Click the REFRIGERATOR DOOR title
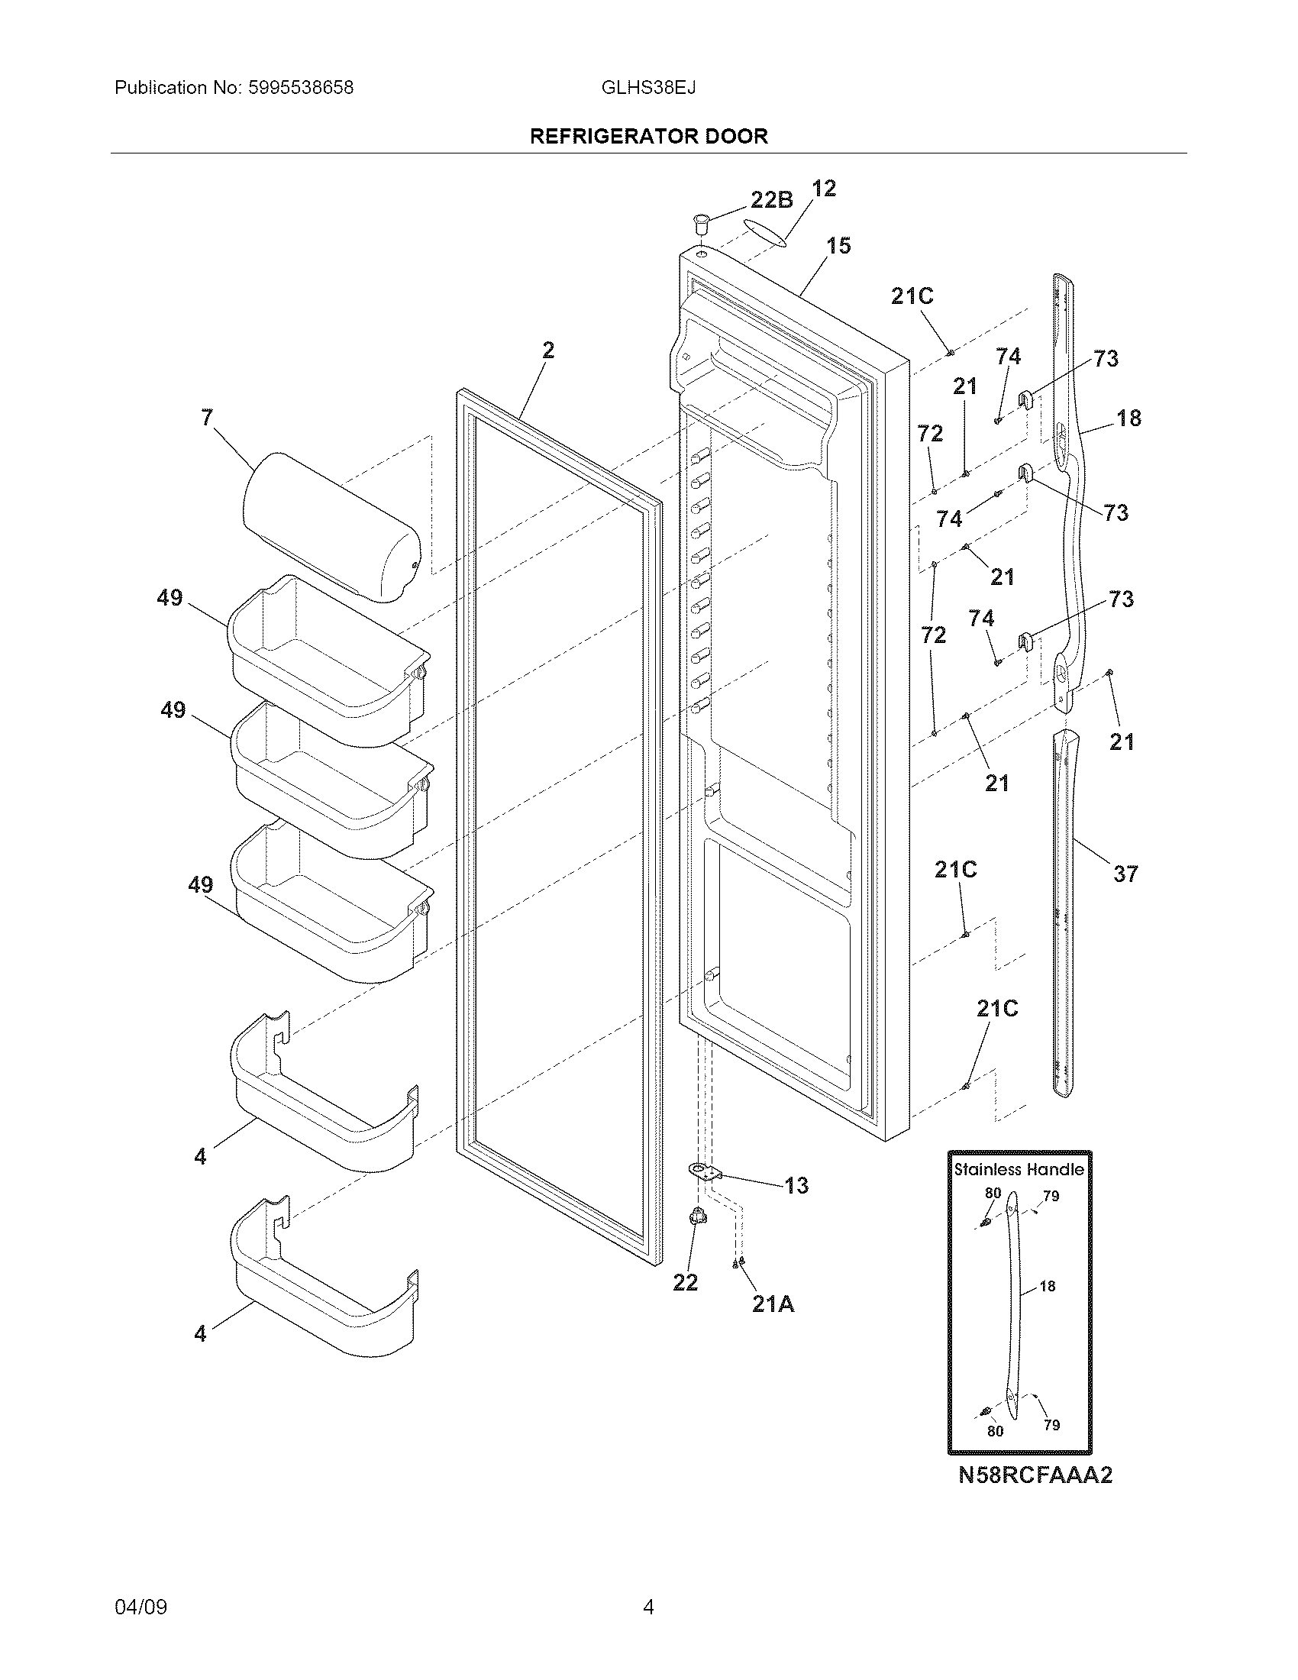click(x=649, y=136)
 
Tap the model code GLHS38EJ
click(x=648, y=88)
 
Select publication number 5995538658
click(x=301, y=88)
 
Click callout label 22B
click(x=771, y=200)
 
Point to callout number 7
click(x=206, y=418)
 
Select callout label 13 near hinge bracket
click(x=796, y=1185)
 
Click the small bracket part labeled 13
click(x=705, y=1172)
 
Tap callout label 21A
click(x=773, y=1304)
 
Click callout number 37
click(x=1125, y=873)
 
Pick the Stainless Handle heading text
click(x=1019, y=1169)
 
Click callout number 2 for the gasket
click(x=547, y=351)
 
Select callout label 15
click(x=838, y=246)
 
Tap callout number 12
click(x=824, y=189)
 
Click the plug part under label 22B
click(x=699, y=225)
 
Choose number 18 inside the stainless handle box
click(x=1048, y=1286)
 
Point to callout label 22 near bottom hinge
click(x=684, y=1282)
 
